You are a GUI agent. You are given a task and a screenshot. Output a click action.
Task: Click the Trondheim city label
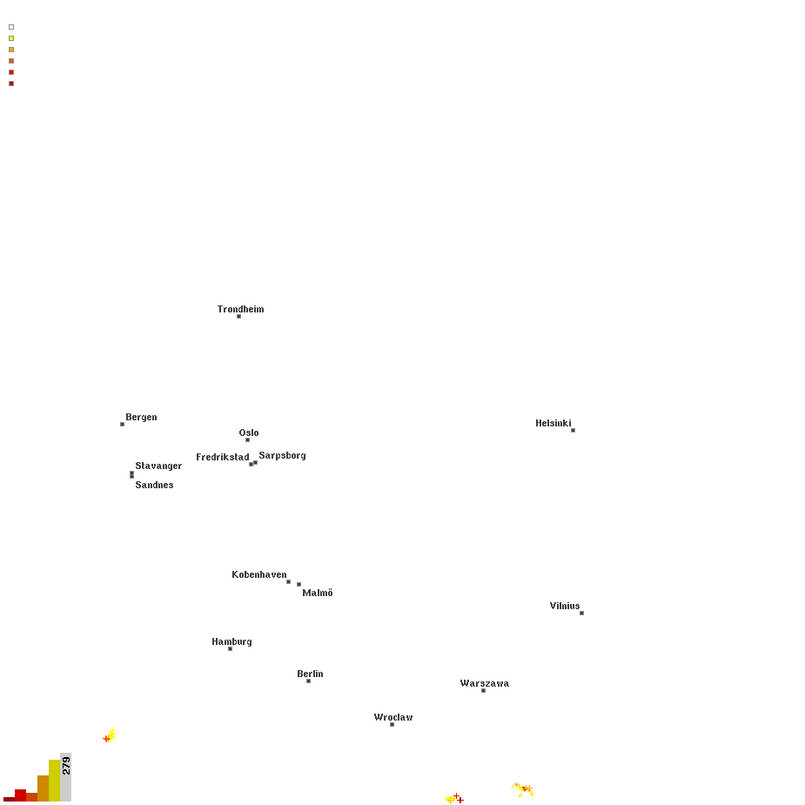240,309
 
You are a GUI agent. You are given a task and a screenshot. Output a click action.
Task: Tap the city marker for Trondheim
238,316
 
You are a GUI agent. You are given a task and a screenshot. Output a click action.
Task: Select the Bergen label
141,418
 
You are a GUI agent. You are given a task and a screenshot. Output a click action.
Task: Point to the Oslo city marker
247,440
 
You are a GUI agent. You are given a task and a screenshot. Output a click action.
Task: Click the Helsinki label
553,423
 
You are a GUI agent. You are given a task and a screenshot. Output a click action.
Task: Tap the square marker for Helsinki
573,430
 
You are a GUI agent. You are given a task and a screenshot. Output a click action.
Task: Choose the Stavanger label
158,466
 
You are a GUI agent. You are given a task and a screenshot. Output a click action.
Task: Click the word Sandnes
154,485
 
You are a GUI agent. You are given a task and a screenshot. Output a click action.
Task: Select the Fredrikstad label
222,457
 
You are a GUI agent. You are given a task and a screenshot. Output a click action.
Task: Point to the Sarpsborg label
282,456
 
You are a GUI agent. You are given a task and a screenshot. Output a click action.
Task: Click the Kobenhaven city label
258,574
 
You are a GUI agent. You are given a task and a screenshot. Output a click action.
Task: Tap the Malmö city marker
299,584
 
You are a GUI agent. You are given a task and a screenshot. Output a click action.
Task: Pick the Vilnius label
564,606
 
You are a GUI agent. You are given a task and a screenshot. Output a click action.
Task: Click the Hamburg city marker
230,649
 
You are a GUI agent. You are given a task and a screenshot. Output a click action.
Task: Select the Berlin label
310,674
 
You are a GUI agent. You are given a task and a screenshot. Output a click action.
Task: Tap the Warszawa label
484,683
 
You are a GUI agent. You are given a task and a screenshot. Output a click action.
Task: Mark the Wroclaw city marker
392,724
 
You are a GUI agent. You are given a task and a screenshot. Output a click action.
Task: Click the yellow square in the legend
11,38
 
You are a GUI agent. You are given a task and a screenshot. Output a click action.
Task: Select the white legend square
11,27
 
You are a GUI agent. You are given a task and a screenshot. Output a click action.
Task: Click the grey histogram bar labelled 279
66,777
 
